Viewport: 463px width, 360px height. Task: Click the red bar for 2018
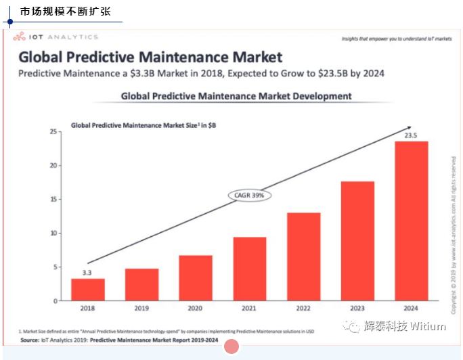88,290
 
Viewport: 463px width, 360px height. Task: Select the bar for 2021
250,269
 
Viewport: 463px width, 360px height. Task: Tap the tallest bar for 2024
412,221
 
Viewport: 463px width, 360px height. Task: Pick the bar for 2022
304,256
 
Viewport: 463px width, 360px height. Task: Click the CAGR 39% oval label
250,195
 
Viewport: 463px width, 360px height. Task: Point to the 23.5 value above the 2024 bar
411,135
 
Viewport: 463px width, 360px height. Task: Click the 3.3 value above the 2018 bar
88,273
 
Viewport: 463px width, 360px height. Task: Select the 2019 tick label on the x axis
141,309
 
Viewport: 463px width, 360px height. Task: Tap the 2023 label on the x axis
357,309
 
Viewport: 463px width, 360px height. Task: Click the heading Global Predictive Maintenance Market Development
236,96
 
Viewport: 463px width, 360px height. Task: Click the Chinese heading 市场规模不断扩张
65,12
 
